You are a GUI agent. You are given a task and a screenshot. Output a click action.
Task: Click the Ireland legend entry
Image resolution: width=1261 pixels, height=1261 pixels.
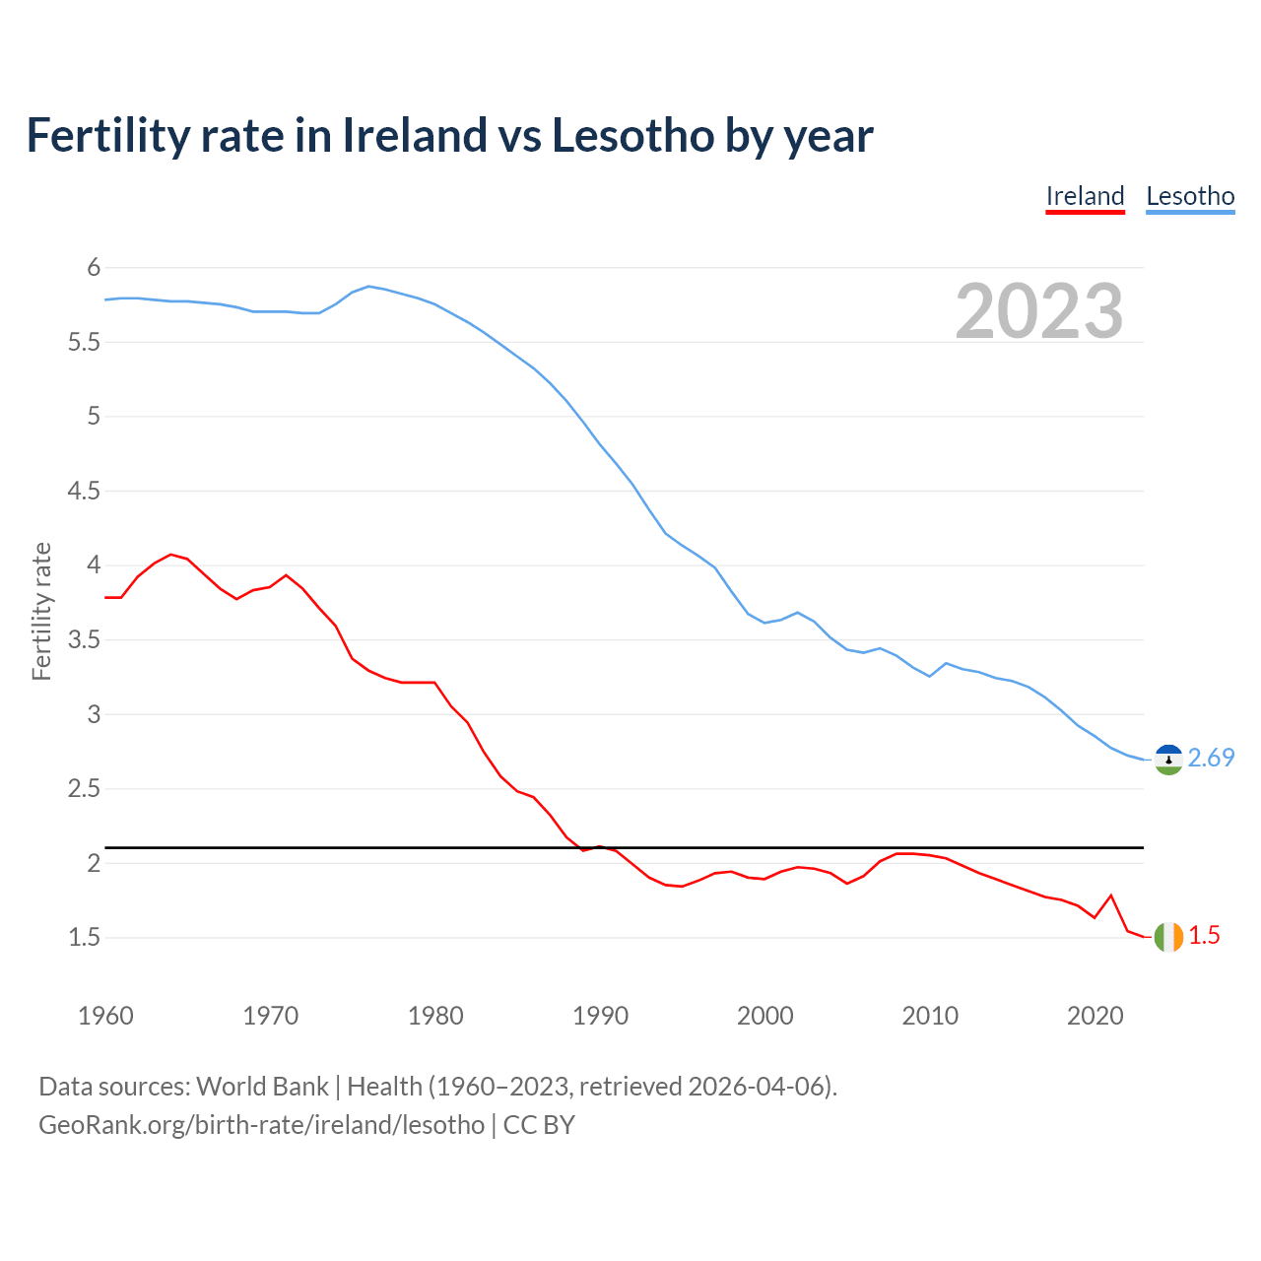coord(1085,196)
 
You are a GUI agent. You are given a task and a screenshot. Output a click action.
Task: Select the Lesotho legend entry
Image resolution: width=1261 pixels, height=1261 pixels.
coord(1190,196)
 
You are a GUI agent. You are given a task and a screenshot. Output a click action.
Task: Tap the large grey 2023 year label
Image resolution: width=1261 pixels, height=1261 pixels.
coord(1039,311)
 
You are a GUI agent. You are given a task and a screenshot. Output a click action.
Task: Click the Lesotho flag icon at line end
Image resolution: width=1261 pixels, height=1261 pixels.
coord(1168,759)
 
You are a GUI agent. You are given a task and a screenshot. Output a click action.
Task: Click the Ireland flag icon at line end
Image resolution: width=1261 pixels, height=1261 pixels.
coord(1168,937)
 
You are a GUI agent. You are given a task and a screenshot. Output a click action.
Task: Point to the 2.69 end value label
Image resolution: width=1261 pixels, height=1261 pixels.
coord(1211,758)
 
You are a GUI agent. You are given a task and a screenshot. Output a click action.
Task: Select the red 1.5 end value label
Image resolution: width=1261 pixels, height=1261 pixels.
coord(1204,936)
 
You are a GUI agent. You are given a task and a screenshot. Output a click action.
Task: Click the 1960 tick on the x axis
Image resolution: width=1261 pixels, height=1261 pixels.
coord(105,1016)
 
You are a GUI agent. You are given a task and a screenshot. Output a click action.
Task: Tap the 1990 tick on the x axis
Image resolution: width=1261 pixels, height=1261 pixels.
coord(600,1016)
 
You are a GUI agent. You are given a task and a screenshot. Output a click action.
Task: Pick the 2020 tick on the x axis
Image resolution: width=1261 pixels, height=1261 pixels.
coord(1095,1016)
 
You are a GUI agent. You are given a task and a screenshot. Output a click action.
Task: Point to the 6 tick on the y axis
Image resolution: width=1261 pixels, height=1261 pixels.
coord(94,268)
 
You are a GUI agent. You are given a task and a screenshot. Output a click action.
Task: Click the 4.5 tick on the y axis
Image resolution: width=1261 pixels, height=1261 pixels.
coord(84,491)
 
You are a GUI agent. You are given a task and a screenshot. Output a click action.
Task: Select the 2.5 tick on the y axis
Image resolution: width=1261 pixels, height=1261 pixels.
coord(84,789)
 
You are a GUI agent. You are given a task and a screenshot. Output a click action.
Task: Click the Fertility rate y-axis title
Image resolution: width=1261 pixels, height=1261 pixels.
coord(41,611)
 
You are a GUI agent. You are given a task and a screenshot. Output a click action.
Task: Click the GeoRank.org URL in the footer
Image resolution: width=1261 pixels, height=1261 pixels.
coord(261,1125)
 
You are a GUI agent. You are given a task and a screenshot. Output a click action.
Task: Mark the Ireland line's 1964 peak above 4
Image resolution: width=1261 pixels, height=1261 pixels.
coord(171,555)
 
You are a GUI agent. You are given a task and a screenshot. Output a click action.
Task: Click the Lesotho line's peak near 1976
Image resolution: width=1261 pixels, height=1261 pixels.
coord(368,287)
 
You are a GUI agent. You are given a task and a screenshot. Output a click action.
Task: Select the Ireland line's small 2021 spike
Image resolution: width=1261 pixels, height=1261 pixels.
coord(1111,896)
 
